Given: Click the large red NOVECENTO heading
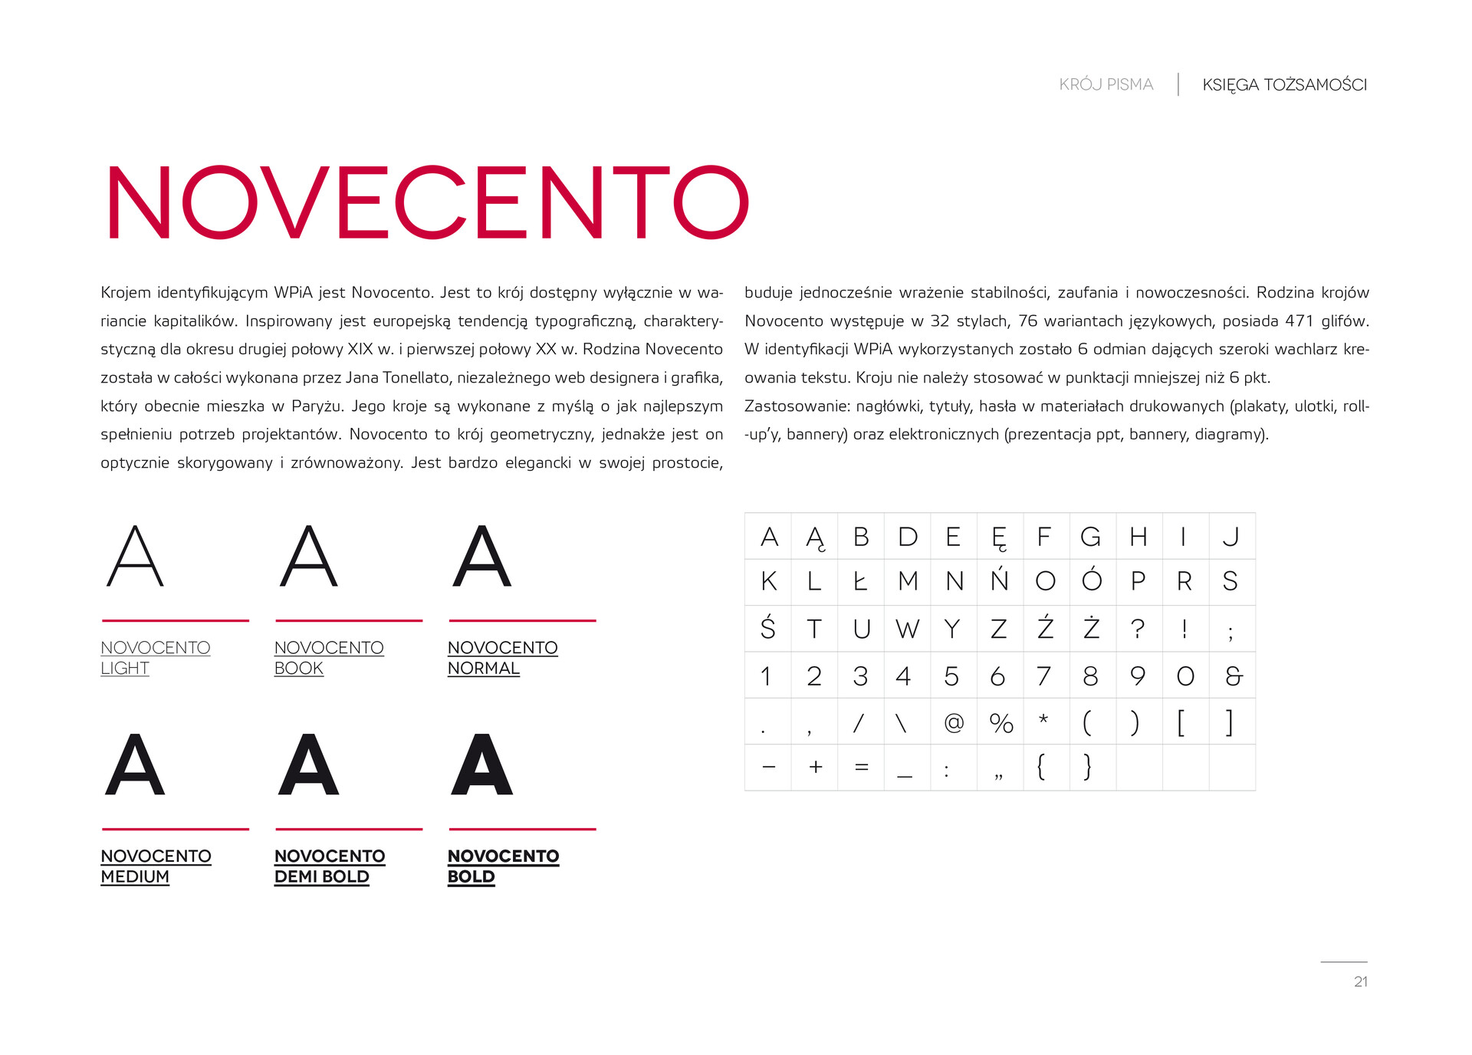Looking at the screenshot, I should point(427,202).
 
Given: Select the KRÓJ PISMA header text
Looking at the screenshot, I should point(1106,84).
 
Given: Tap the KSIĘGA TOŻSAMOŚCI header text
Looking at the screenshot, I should point(1284,84).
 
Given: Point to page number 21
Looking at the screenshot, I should point(1361,981).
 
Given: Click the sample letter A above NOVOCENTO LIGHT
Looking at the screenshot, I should point(135,557).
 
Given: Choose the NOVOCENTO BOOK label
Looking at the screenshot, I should point(329,658).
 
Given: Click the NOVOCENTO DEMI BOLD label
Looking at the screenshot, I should point(330,866).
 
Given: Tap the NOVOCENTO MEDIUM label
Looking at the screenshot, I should point(156,866).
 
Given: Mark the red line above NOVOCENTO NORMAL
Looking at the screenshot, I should point(522,620).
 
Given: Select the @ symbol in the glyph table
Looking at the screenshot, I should point(954,722).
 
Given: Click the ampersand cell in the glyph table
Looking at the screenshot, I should point(1233,675).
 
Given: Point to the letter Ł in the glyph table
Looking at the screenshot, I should point(860,582).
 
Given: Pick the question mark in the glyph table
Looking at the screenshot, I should point(1138,629).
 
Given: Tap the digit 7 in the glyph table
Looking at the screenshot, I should point(1044,675).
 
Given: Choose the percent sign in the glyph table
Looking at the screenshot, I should point(1001,722).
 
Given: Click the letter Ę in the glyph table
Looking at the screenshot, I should point(999,537).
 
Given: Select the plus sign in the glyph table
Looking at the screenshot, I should point(816,767).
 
